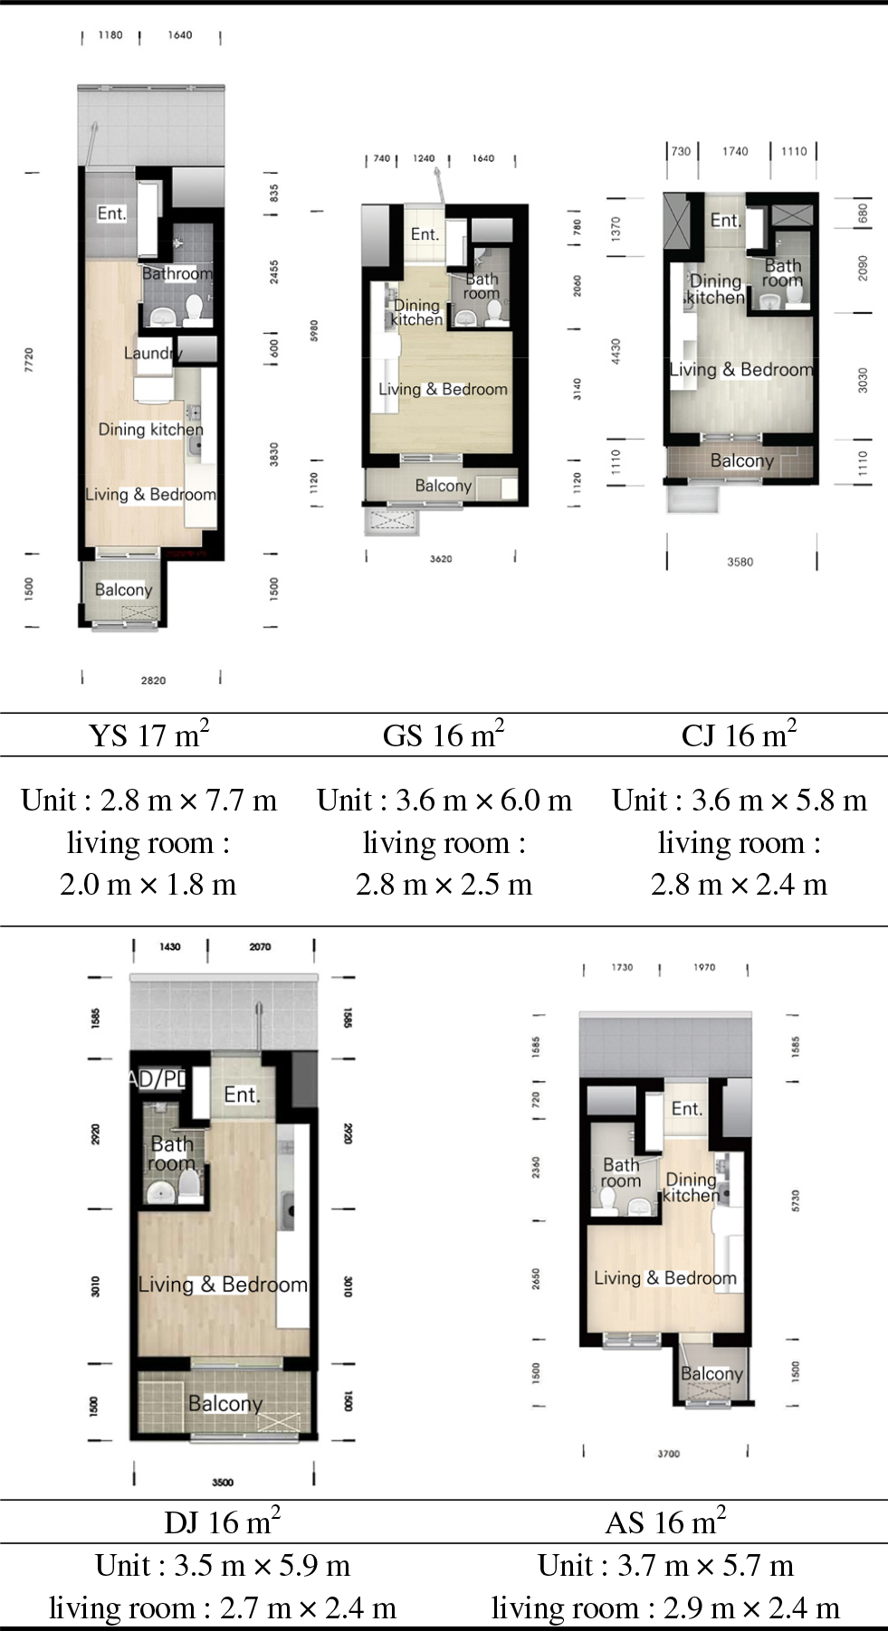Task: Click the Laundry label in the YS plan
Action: (153, 353)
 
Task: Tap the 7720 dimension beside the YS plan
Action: (29, 359)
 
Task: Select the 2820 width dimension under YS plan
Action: (153, 680)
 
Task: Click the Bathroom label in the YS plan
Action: (177, 273)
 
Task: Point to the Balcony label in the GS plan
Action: (443, 486)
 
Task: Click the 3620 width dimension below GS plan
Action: (441, 559)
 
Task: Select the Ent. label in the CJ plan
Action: (725, 220)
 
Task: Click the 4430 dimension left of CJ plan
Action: (616, 351)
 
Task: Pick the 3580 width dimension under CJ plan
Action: (740, 562)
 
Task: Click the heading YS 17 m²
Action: (148, 735)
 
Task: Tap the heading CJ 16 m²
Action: (739, 735)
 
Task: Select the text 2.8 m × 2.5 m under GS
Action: (444, 884)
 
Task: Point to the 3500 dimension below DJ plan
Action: (223, 1482)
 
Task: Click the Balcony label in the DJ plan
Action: (224, 1403)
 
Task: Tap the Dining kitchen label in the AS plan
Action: (691, 1187)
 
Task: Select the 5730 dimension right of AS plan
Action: (796, 1201)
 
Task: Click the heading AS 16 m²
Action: (665, 1522)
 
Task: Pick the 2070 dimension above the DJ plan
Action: (260, 947)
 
